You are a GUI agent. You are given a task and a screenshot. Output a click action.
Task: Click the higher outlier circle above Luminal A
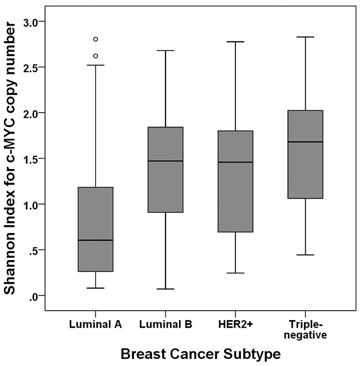[x=96, y=39]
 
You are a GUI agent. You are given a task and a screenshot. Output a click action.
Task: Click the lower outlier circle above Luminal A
[x=96, y=56]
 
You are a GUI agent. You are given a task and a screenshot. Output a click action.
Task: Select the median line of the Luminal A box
[x=96, y=240]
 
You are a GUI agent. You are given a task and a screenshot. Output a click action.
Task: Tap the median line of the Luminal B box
[x=166, y=161]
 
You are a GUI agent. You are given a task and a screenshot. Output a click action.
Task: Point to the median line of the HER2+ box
[x=235, y=162]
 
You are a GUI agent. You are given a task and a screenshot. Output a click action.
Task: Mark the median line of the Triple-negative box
[x=305, y=142]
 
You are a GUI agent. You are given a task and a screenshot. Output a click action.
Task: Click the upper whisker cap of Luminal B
[x=166, y=50]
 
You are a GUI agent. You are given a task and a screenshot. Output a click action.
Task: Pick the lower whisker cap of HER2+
[x=235, y=273]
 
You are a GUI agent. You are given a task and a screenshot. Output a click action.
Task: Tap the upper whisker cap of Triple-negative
[x=305, y=37]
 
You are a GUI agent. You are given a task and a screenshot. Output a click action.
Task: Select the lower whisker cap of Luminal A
[x=96, y=288]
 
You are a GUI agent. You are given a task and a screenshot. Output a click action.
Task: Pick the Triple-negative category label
[x=305, y=330]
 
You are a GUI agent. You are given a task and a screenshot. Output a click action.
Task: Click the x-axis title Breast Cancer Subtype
[x=200, y=352]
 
